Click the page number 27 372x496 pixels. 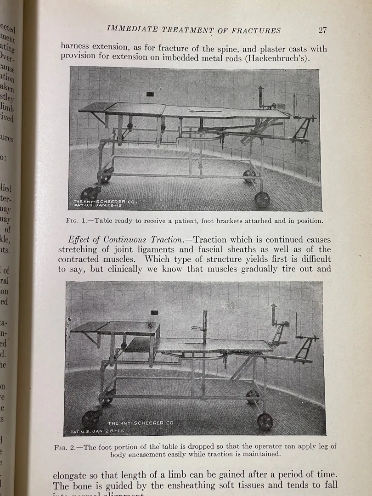[322, 31]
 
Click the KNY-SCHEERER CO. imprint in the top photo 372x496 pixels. [105, 202]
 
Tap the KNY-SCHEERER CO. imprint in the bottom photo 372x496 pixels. [141, 423]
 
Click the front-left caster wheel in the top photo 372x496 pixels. [89, 195]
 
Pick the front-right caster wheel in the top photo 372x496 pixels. [262, 200]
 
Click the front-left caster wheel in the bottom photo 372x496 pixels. [92, 418]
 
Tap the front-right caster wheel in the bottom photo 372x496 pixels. [265, 421]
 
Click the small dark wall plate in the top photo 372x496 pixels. [150, 94]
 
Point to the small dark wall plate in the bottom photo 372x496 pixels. [154, 313]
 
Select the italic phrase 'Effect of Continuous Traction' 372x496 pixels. [127, 240]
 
